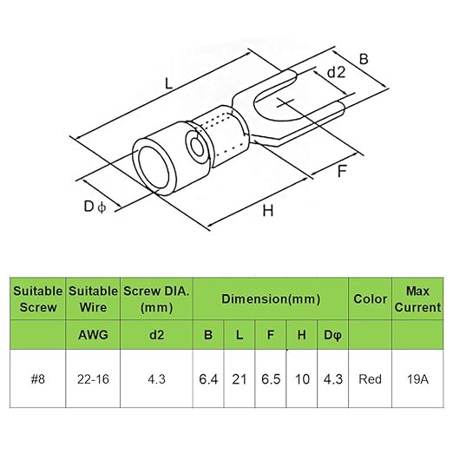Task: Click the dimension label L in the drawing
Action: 168,83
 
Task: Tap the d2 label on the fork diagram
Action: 336,72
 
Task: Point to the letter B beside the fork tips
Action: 364,59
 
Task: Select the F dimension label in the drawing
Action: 342,171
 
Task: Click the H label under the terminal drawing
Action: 268,210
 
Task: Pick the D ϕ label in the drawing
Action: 95,207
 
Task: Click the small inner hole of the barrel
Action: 198,148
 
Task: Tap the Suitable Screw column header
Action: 38,299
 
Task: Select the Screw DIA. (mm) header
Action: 156,299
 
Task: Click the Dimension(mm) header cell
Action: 271,299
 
